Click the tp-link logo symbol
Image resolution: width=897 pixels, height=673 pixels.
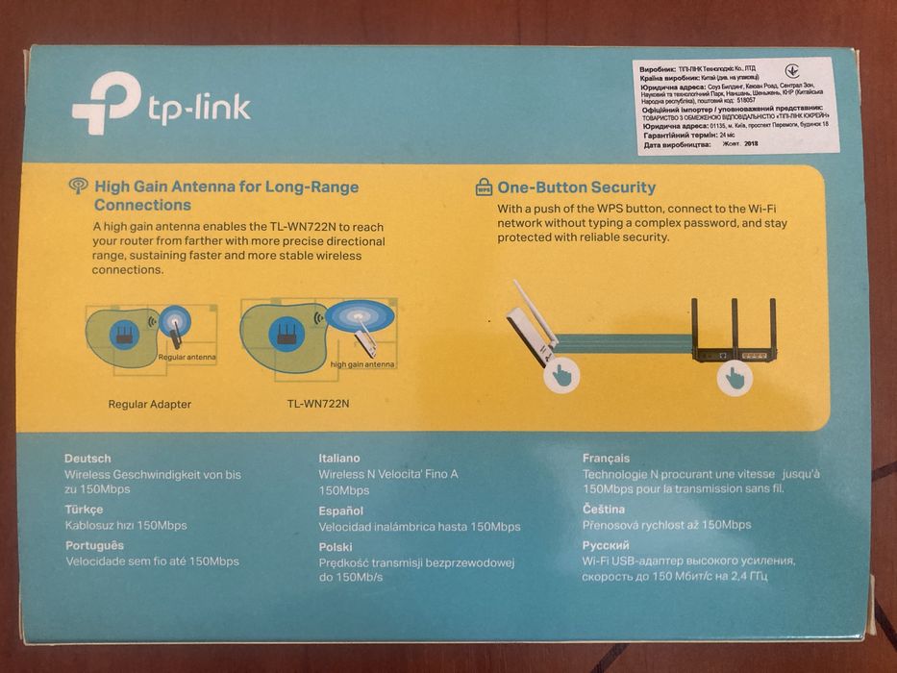coord(106,104)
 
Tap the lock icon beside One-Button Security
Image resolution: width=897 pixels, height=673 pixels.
coord(484,187)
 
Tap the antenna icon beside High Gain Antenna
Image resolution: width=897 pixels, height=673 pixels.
coord(79,186)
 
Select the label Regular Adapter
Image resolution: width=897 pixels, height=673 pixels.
coord(149,404)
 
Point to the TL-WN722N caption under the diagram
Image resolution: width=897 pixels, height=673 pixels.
coord(318,404)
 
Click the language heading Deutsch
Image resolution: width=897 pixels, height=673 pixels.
coord(87,459)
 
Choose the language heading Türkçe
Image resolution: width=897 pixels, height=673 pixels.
coord(85,510)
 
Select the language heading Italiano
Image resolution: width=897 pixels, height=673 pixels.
coord(339,459)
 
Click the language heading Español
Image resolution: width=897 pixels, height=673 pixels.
coord(340,511)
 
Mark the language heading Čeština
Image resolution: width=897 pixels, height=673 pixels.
coord(604,509)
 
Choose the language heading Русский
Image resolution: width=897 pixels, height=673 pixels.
coord(606,544)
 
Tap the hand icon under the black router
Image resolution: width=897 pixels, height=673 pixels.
coord(735,378)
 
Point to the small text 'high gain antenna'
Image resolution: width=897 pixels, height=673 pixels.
coord(361,365)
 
